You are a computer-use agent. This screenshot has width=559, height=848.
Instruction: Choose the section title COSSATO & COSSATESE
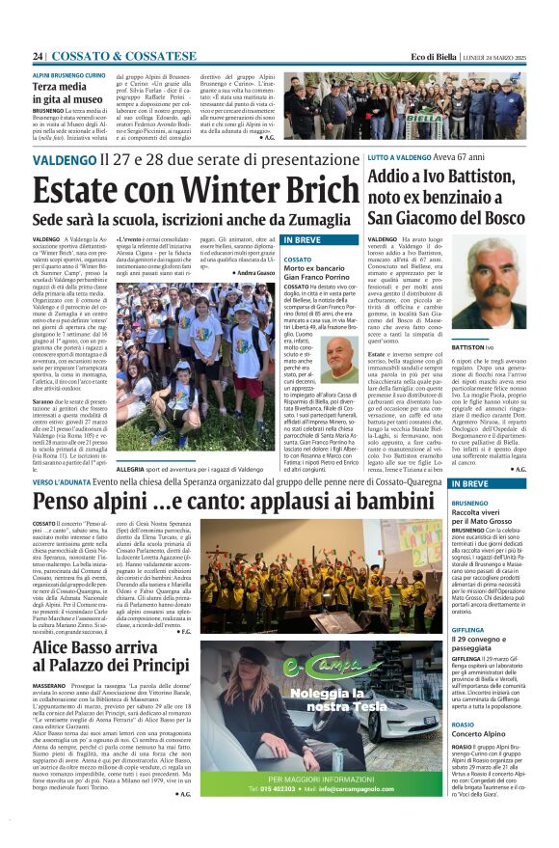click(x=123, y=57)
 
